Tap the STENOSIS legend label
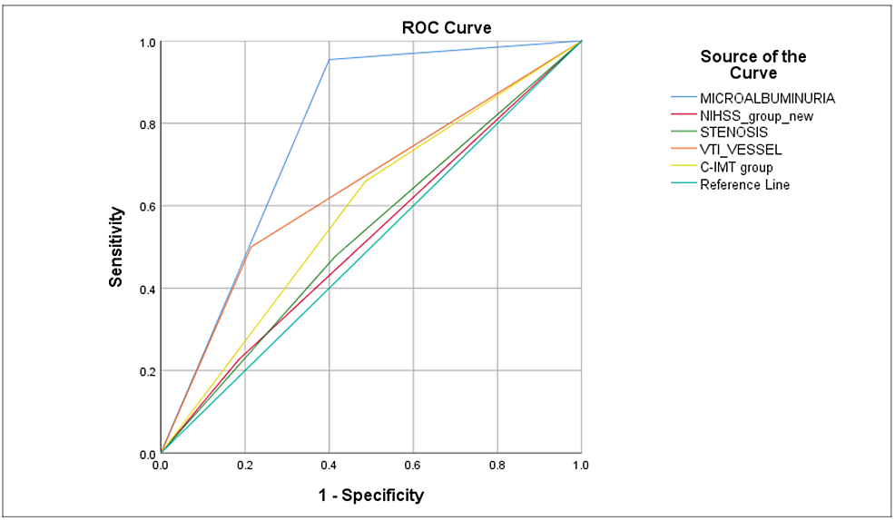733,132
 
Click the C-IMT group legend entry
736,167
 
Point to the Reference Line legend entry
744,184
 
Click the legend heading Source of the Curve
753,64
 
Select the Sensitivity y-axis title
116,247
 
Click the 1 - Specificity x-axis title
370,495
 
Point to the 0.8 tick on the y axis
146,124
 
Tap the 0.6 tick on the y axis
146,206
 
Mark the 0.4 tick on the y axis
146,289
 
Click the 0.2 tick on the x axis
244,466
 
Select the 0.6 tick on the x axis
413,466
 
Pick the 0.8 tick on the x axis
497,466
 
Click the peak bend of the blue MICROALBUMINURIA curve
329,60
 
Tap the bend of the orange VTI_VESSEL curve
250,247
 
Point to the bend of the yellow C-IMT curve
366,181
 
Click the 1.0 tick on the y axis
146,42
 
